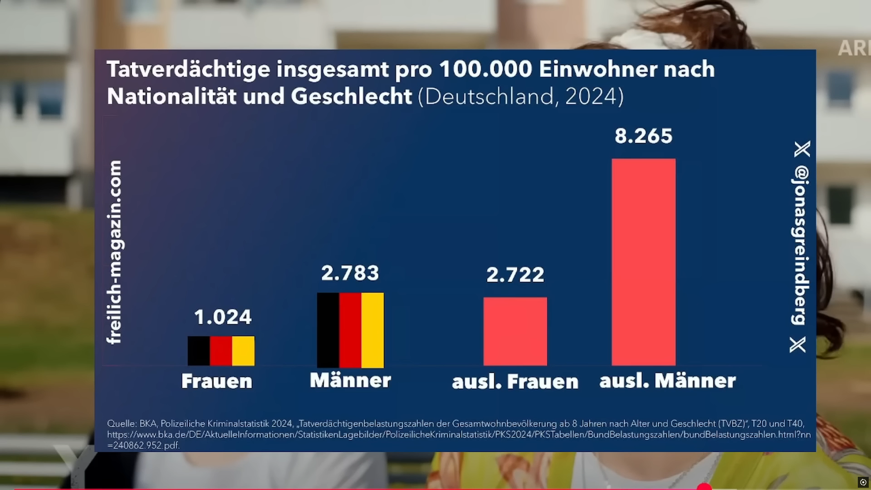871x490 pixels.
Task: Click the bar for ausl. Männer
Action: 643,262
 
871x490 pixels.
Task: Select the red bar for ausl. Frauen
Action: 515,331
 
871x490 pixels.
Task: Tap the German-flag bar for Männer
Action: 350,330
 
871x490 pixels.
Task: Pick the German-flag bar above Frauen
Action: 221,351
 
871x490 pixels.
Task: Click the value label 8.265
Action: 643,136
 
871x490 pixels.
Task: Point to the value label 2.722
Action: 515,275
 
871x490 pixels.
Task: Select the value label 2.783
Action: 350,273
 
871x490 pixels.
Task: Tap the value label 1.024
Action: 222,317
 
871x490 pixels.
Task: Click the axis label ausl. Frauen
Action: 515,382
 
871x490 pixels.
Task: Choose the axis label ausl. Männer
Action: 667,381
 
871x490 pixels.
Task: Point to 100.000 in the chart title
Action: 485,69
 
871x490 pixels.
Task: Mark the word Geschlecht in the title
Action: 351,96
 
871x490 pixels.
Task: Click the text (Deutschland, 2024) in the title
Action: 520,97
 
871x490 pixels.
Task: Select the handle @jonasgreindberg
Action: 801,245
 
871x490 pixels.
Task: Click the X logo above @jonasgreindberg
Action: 802,149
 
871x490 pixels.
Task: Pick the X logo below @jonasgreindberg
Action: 798,345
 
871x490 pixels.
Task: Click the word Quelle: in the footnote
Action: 122,424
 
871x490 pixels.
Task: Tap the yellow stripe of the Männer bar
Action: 372,330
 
